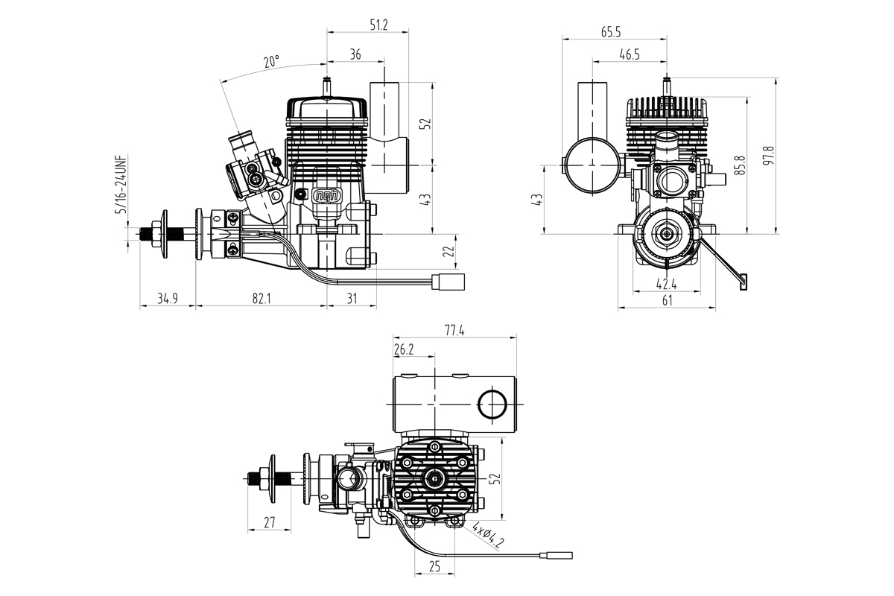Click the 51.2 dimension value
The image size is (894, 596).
pyautogui.click(x=378, y=25)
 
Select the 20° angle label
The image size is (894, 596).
pyautogui.click(x=271, y=62)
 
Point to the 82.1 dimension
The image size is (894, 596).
pyautogui.click(x=261, y=299)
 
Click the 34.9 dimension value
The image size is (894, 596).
pyautogui.click(x=168, y=299)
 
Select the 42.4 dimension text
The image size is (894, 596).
pyautogui.click(x=666, y=283)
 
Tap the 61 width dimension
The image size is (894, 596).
pyautogui.click(x=667, y=299)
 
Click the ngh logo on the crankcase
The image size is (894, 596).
pyautogui.click(x=326, y=196)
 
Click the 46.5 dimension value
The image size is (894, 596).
pyautogui.click(x=630, y=54)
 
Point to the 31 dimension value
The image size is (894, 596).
pyautogui.click(x=352, y=299)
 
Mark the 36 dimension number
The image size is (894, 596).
pyautogui.click(x=355, y=54)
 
